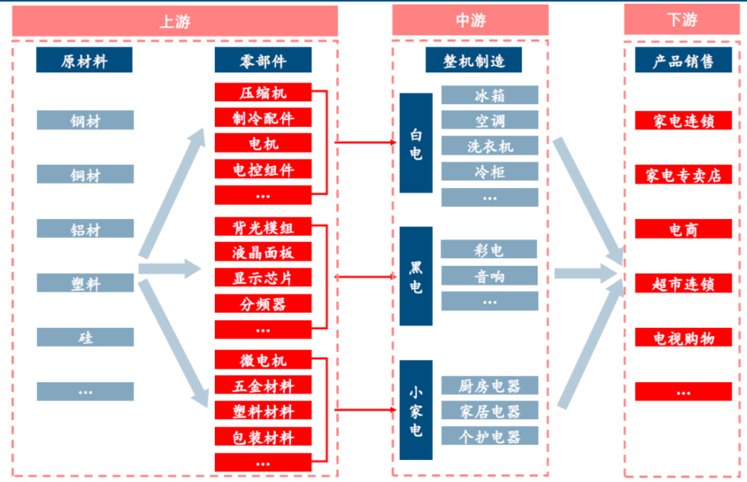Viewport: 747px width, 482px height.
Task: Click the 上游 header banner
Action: click(x=175, y=21)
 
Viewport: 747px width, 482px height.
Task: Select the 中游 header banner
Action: click(x=470, y=21)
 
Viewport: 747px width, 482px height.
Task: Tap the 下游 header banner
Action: click(x=681, y=21)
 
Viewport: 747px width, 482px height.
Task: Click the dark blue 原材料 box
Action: click(x=84, y=60)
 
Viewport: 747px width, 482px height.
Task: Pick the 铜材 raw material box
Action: click(x=85, y=175)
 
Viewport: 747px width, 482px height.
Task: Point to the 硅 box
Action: click(x=85, y=337)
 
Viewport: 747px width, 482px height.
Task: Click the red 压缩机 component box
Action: click(x=263, y=93)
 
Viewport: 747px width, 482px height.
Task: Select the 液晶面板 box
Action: click(x=263, y=252)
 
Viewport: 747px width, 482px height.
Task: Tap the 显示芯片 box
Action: click(x=263, y=278)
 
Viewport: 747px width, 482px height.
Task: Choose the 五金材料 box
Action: click(x=263, y=386)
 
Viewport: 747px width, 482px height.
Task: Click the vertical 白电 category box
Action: click(x=416, y=144)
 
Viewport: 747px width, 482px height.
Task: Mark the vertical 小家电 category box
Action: click(x=416, y=410)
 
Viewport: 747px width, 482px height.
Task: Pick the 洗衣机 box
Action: click(x=489, y=146)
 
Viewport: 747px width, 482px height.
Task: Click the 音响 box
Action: click(x=489, y=276)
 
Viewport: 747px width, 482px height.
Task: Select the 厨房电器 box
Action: click(x=489, y=385)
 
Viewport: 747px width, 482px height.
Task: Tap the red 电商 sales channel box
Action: click(x=683, y=229)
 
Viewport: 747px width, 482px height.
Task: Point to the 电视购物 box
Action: click(x=683, y=338)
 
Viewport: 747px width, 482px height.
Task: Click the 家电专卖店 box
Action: click(x=683, y=175)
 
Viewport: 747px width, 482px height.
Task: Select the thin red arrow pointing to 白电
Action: click(x=365, y=143)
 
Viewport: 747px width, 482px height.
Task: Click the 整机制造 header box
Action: click(x=474, y=60)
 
